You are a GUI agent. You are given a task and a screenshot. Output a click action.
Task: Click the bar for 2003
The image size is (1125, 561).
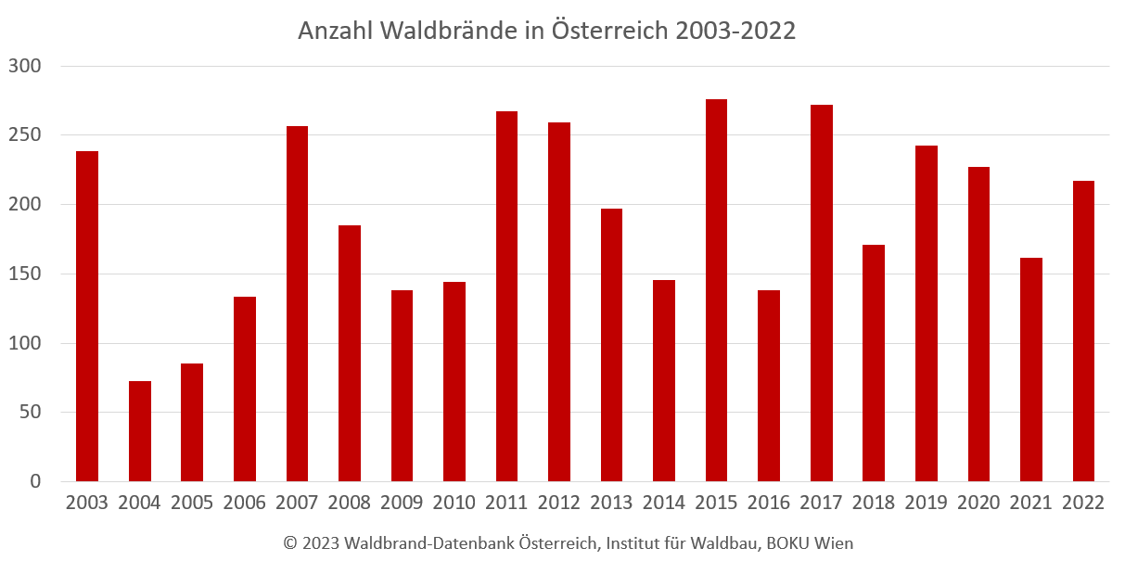[87, 316]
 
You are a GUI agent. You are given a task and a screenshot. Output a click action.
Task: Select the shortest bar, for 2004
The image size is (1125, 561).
[140, 431]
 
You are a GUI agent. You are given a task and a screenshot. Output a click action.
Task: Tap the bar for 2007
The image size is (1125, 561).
[297, 303]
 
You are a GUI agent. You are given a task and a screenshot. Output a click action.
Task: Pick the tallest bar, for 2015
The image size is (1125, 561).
[716, 290]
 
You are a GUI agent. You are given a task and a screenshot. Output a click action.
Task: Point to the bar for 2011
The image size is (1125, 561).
[506, 297]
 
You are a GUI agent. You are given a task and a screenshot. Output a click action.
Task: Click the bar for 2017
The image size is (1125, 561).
[821, 293]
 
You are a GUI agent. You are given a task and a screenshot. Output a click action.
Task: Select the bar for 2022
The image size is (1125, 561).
[1083, 331]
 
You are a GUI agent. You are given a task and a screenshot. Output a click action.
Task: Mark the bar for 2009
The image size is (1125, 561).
[402, 386]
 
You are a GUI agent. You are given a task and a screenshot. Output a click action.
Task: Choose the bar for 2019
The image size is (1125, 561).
[927, 313]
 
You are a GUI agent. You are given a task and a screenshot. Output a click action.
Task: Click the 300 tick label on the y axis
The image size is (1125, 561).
[25, 66]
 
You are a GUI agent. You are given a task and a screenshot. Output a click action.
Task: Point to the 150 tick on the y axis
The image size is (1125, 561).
[25, 274]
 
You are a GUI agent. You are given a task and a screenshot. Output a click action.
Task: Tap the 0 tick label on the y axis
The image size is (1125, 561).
[35, 481]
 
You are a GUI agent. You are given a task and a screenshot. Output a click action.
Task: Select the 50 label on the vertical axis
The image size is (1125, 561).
[30, 412]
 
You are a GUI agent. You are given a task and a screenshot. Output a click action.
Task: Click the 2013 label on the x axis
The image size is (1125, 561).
[611, 503]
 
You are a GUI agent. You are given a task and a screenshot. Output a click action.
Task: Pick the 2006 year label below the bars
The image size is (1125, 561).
[244, 503]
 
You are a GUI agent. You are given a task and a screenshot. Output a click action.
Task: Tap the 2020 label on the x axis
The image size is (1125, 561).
[978, 503]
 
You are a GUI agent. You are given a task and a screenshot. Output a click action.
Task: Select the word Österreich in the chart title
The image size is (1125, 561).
[610, 30]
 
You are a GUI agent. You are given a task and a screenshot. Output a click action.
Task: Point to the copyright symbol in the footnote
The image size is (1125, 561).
[290, 543]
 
